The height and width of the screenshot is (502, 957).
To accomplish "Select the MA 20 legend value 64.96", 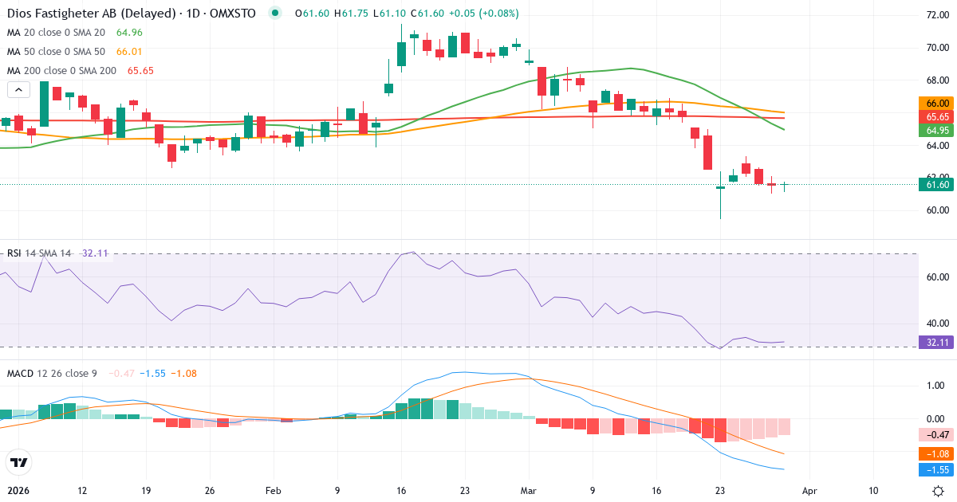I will coord(129,33).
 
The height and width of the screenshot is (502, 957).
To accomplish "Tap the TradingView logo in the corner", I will coord(19,462).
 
